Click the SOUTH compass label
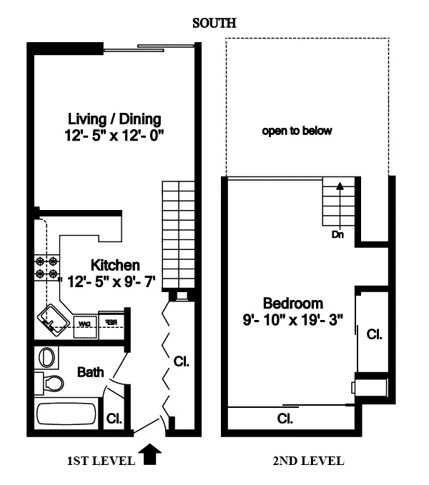(214, 24)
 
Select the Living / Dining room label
(114, 119)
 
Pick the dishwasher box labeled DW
(84, 323)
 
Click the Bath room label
(91, 372)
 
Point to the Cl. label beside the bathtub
(113, 419)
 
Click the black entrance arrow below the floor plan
(149, 454)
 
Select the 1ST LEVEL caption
(101, 461)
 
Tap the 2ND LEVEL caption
(309, 461)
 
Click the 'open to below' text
(297, 131)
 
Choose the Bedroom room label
(292, 302)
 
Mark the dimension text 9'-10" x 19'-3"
(292, 319)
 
